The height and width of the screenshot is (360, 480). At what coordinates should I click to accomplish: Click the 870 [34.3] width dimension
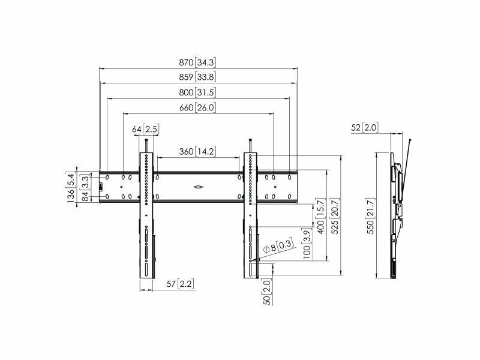(197, 62)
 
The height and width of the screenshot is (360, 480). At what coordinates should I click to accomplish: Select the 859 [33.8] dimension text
(197, 77)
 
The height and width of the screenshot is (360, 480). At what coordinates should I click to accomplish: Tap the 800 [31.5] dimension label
(197, 92)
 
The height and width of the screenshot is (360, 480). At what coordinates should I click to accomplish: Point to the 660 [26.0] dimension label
(197, 107)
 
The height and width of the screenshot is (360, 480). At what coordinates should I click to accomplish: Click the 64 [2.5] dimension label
(146, 129)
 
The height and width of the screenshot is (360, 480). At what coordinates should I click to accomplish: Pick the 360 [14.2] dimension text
(197, 151)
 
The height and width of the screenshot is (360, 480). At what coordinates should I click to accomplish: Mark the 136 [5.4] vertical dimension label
(70, 187)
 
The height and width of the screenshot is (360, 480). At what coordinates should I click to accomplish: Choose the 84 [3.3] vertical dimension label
(85, 188)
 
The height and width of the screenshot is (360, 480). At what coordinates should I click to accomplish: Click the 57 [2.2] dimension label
(181, 284)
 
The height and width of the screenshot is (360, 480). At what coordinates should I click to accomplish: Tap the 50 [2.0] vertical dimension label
(267, 292)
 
